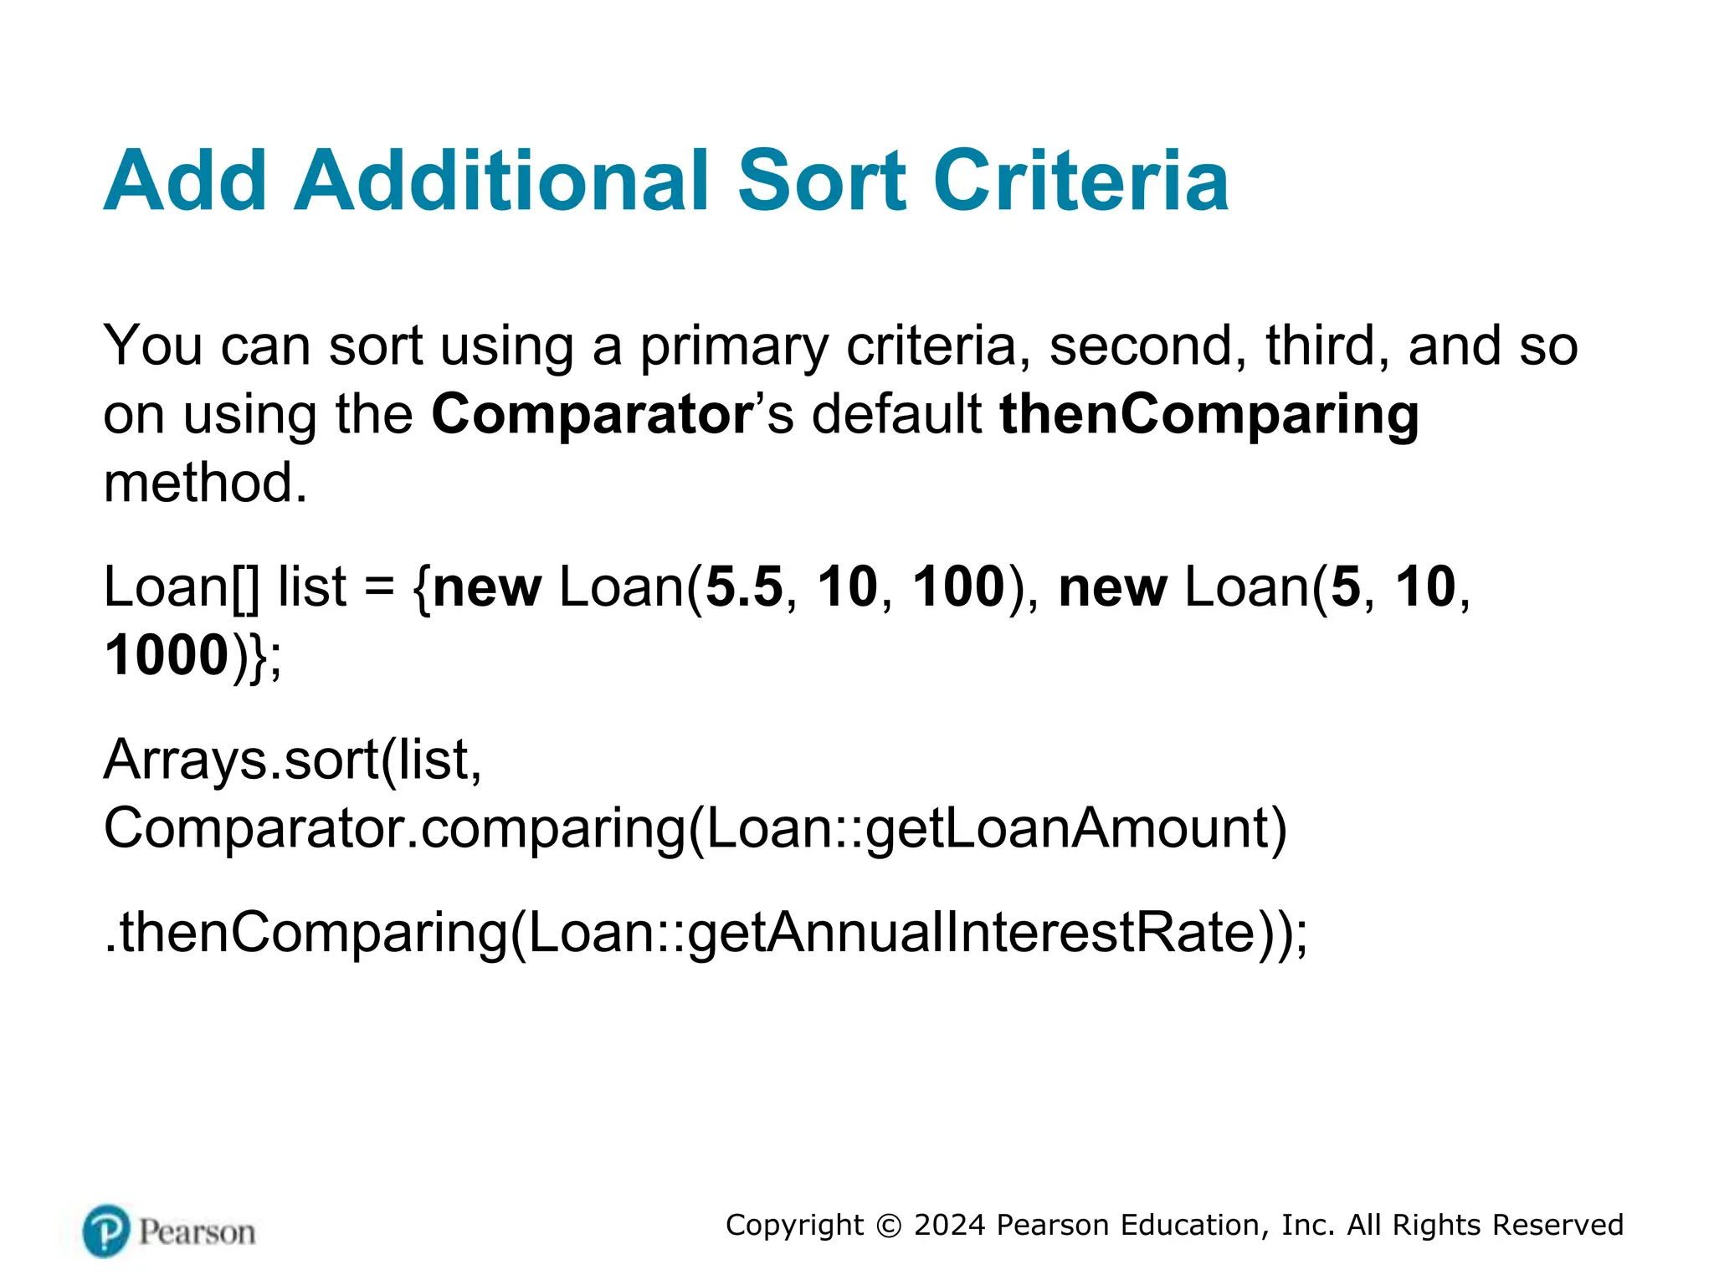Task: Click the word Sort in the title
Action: click(822, 181)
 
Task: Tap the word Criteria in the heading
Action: click(1081, 181)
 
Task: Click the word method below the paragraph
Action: click(205, 484)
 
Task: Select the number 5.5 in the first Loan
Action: click(744, 587)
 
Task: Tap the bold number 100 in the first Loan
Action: click(958, 587)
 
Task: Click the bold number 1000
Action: click(167, 656)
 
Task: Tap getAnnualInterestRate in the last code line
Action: click(971, 933)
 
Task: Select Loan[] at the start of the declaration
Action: click(181, 587)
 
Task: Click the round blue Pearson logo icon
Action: click(107, 1231)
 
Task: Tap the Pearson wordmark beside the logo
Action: click(198, 1232)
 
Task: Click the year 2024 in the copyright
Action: click(949, 1226)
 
